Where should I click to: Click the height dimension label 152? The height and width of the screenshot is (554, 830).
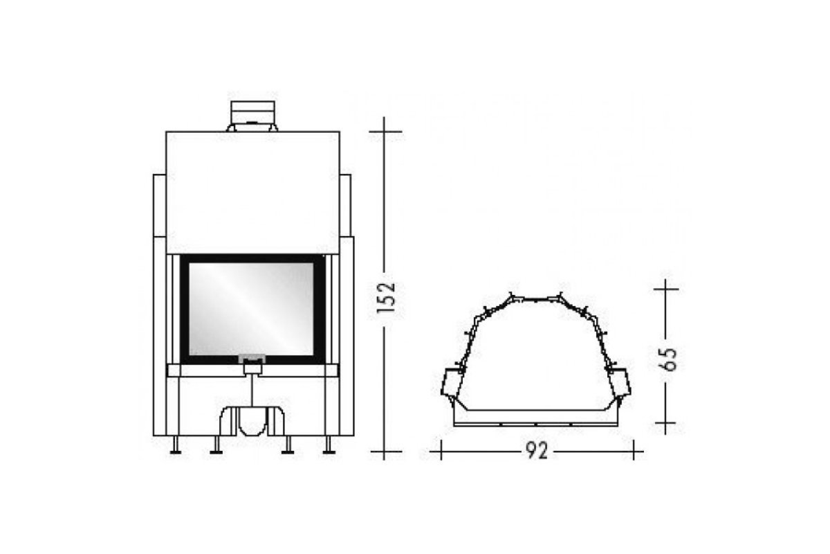pyautogui.click(x=386, y=298)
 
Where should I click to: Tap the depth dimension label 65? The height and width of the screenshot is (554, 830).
pyautogui.click(x=667, y=359)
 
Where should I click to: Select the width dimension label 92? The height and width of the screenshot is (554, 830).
pyautogui.click(x=537, y=452)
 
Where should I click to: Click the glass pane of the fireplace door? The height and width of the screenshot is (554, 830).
pyautogui.click(x=251, y=309)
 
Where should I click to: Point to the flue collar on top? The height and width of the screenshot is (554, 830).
pyautogui.click(x=252, y=116)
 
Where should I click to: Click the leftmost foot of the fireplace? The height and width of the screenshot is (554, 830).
pyautogui.click(x=175, y=445)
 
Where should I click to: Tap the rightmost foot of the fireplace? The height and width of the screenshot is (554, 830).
pyautogui.click(x=329, y=445)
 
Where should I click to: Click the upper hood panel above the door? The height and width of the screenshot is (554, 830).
pyautogui.click(x=252, y=193)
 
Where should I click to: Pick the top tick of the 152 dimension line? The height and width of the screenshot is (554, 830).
pyautogui.click(x=384, y=132)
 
